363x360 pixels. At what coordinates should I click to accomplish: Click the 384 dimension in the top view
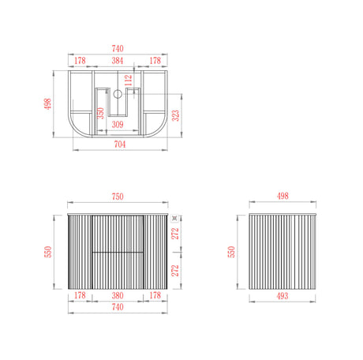coord(118,60)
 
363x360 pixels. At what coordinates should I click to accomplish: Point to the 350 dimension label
coord(100,113)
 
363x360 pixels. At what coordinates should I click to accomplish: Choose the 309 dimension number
coord(117,123)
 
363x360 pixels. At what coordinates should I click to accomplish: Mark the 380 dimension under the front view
coord(118,296)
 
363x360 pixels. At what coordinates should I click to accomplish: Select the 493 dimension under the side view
coord(282,296)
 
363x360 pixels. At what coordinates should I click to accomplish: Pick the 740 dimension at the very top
coord(118,49)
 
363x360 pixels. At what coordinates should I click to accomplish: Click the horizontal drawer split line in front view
coord(118,251)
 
